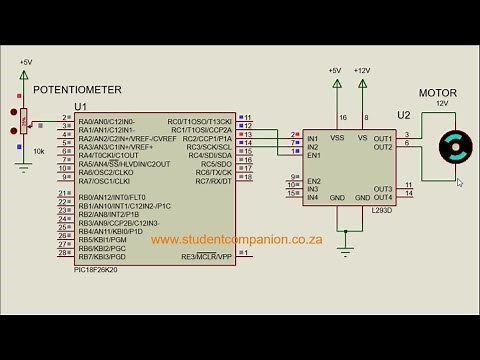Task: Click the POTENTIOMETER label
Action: (x=71, y=89)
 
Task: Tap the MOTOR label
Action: (x=438, y=93)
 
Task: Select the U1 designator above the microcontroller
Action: (x=81, y=106)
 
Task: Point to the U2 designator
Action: (x=403, y=115)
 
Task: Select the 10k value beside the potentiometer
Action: (x=39, y=151)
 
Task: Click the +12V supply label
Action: (x=361, y=71)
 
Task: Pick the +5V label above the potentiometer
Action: (x=25, y=63)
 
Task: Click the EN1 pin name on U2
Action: (x=314, y=155)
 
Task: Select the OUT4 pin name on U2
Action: (x=382, y=196)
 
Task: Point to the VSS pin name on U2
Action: (x=339, y=138)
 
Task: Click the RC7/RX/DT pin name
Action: (x=213, y=181)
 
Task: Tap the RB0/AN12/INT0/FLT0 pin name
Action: (x=112, y=197)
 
